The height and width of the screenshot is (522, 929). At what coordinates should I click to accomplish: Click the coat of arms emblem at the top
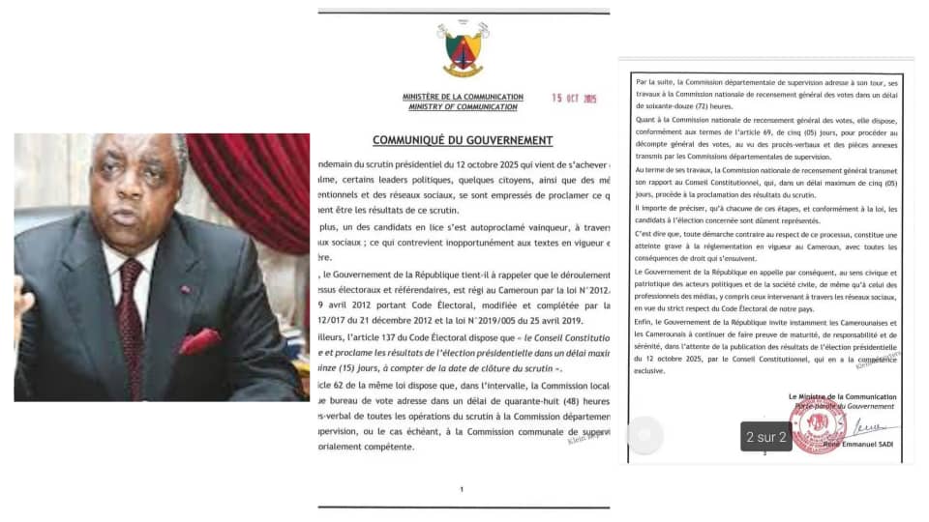(x=464, y=49)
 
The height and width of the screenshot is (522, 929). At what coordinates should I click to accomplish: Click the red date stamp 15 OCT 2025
(x=574, y=99)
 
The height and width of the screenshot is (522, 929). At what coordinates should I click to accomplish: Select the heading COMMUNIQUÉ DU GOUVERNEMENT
(x=463, y=140)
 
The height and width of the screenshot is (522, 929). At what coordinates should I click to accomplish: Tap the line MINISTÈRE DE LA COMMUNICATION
(x=463, y=97)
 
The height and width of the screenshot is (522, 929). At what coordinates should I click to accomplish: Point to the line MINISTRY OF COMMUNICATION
(x=463, y=106)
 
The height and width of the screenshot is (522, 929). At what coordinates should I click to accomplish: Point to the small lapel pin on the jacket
(x=184, y=288)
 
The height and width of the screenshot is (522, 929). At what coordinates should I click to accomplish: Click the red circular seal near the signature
(x=818, y=428)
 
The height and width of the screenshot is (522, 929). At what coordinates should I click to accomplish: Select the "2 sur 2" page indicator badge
(x=766, y=437)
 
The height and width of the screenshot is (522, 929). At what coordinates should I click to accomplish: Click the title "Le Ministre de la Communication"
(x=842, y=397)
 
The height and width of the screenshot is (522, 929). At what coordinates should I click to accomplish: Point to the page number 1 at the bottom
(x=463, y=489)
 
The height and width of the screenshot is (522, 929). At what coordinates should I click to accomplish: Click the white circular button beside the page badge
(x=645, y=436)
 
